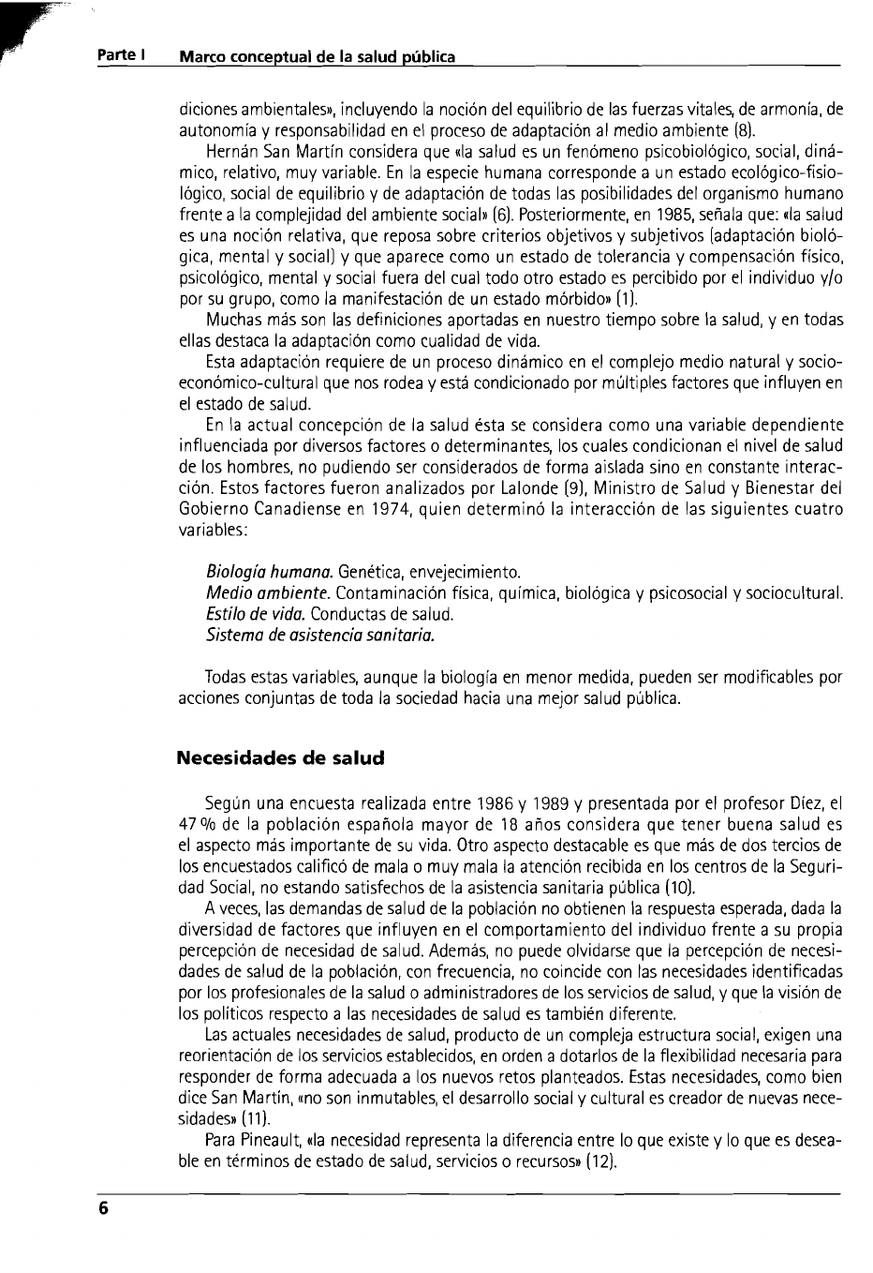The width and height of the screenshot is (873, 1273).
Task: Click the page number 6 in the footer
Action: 105,1209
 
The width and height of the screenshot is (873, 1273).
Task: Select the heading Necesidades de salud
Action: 281,757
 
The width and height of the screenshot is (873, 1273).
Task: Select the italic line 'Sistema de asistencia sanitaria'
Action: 320,636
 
